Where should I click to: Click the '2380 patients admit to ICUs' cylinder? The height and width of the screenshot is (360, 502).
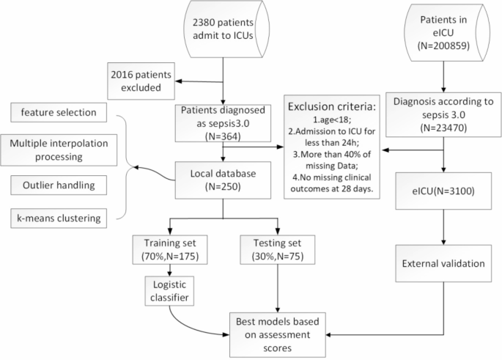218,34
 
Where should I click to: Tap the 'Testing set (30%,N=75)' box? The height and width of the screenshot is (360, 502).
278,249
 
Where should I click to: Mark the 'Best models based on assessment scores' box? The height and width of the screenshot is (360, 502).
278,330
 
